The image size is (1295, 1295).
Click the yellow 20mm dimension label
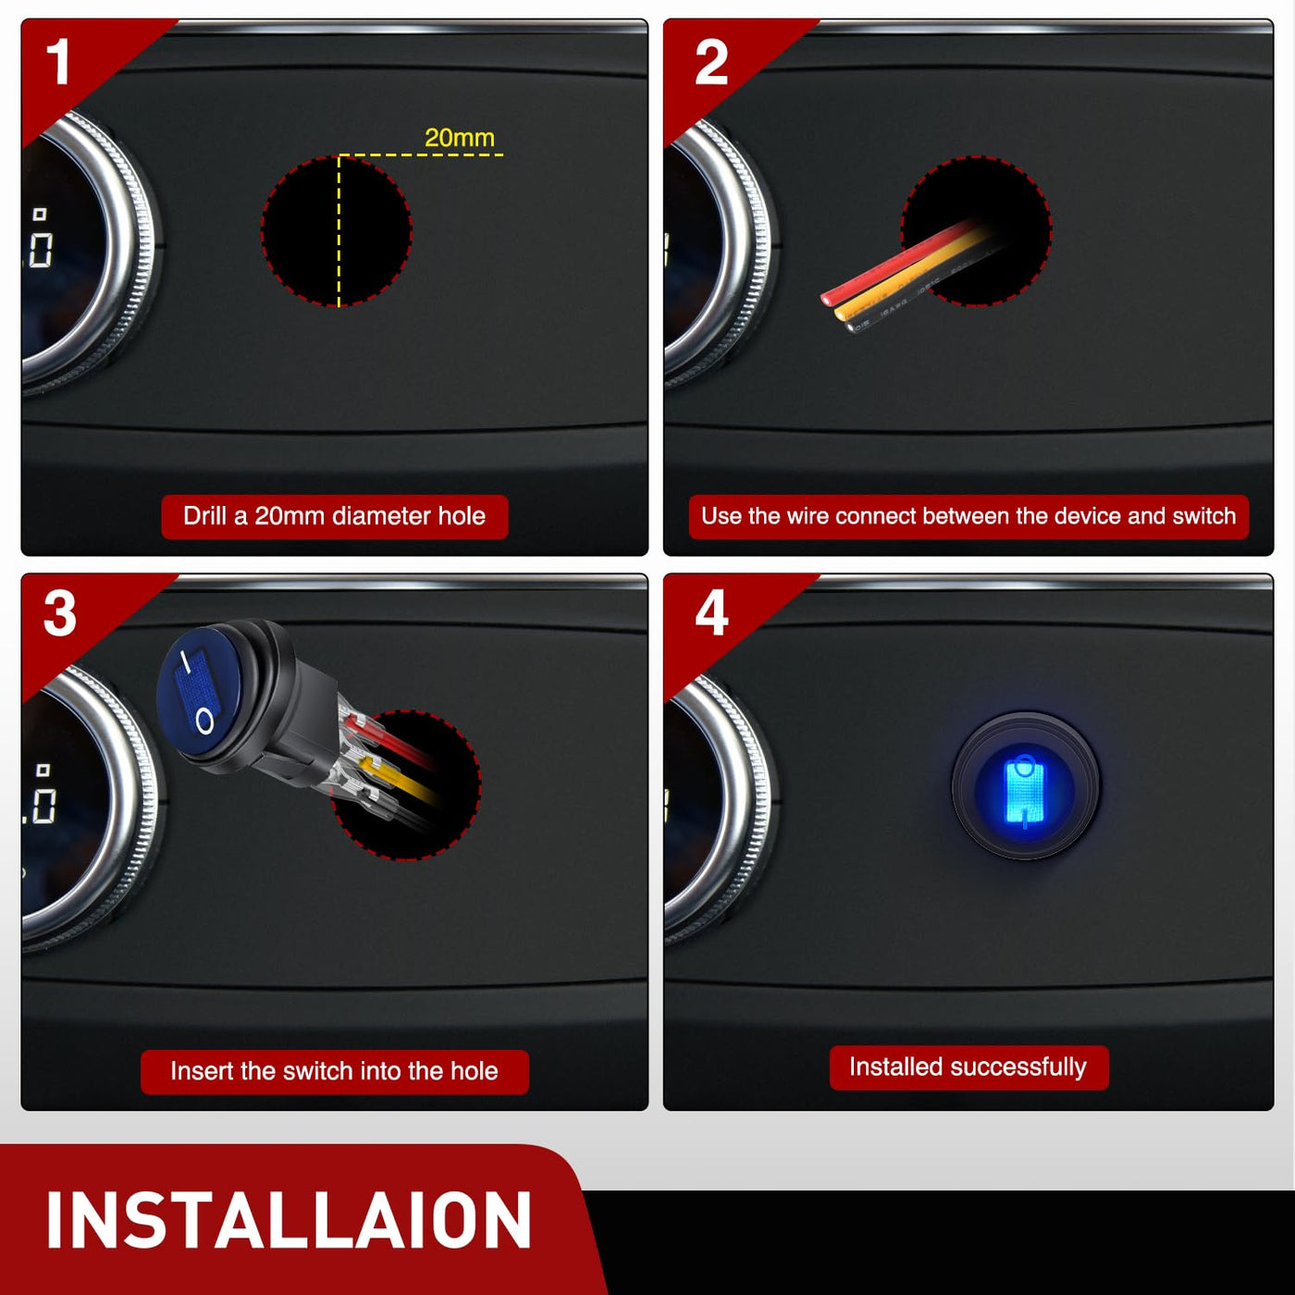coord(460,138)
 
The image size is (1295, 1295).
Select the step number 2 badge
coord(711,62)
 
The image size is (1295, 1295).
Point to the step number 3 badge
coord(60,613)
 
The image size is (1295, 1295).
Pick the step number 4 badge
coord(711,613)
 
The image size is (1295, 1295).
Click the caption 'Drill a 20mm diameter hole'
coord(334,516)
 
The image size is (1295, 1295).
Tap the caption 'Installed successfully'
coord(968,1067)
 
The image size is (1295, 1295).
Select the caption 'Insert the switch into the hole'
coord(334,1071)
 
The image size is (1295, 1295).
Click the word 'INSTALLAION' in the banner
coord(289,1220)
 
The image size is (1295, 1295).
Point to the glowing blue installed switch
coord(1026,786)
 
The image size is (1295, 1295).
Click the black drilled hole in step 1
coord(336,232)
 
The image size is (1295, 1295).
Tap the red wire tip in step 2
coord(827,298)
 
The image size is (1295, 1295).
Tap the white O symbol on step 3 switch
coord(205,721)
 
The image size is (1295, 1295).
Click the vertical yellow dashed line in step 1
coord(339,231)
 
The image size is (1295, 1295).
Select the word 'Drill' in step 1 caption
coord(205,516)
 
